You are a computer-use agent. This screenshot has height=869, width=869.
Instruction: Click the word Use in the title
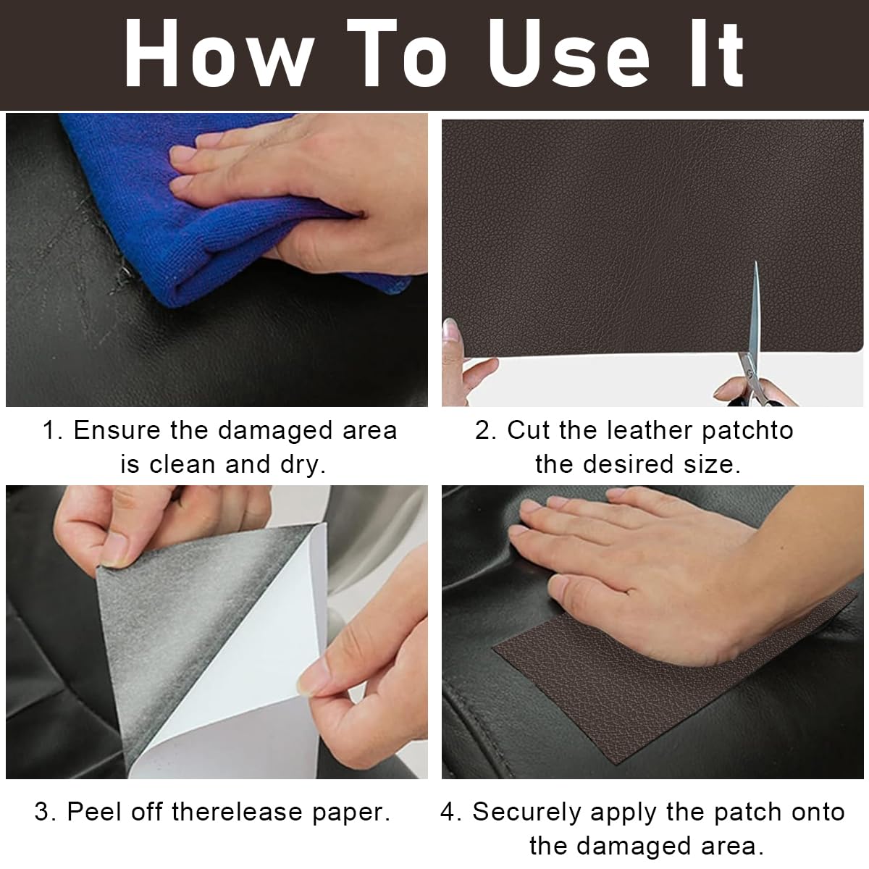570,53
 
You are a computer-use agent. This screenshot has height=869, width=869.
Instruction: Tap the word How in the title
219,53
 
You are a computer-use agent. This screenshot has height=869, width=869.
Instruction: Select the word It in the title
717,53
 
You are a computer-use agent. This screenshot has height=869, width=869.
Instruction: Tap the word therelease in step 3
238,812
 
